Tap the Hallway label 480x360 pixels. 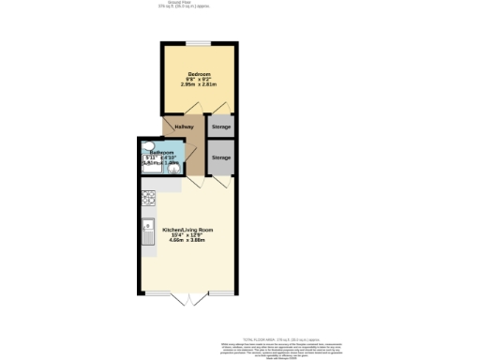(x=183, y=127)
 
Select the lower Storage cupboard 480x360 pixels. (x=221, y=157)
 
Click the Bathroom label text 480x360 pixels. (x=161, y=152)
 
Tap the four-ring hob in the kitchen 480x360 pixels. (x=148, y=198)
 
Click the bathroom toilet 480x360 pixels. (x=150, y=145)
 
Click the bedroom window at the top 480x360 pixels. (x=199, y=44)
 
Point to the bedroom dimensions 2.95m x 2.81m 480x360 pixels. (x=199, y=85)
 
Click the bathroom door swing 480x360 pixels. (x=190, y=153)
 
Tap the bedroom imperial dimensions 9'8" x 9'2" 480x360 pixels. (x=199, y=80)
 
